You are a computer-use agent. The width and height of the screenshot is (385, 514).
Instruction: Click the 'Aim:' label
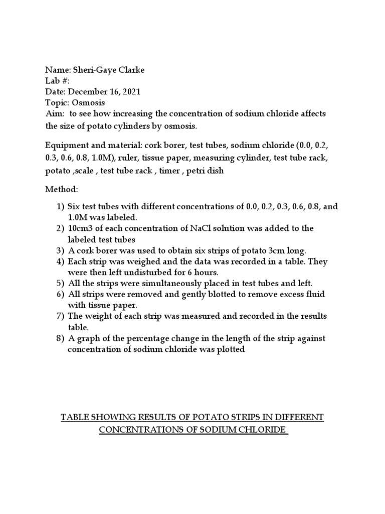point(55,114)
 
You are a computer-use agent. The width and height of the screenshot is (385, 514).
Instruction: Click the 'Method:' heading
point(62,190)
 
